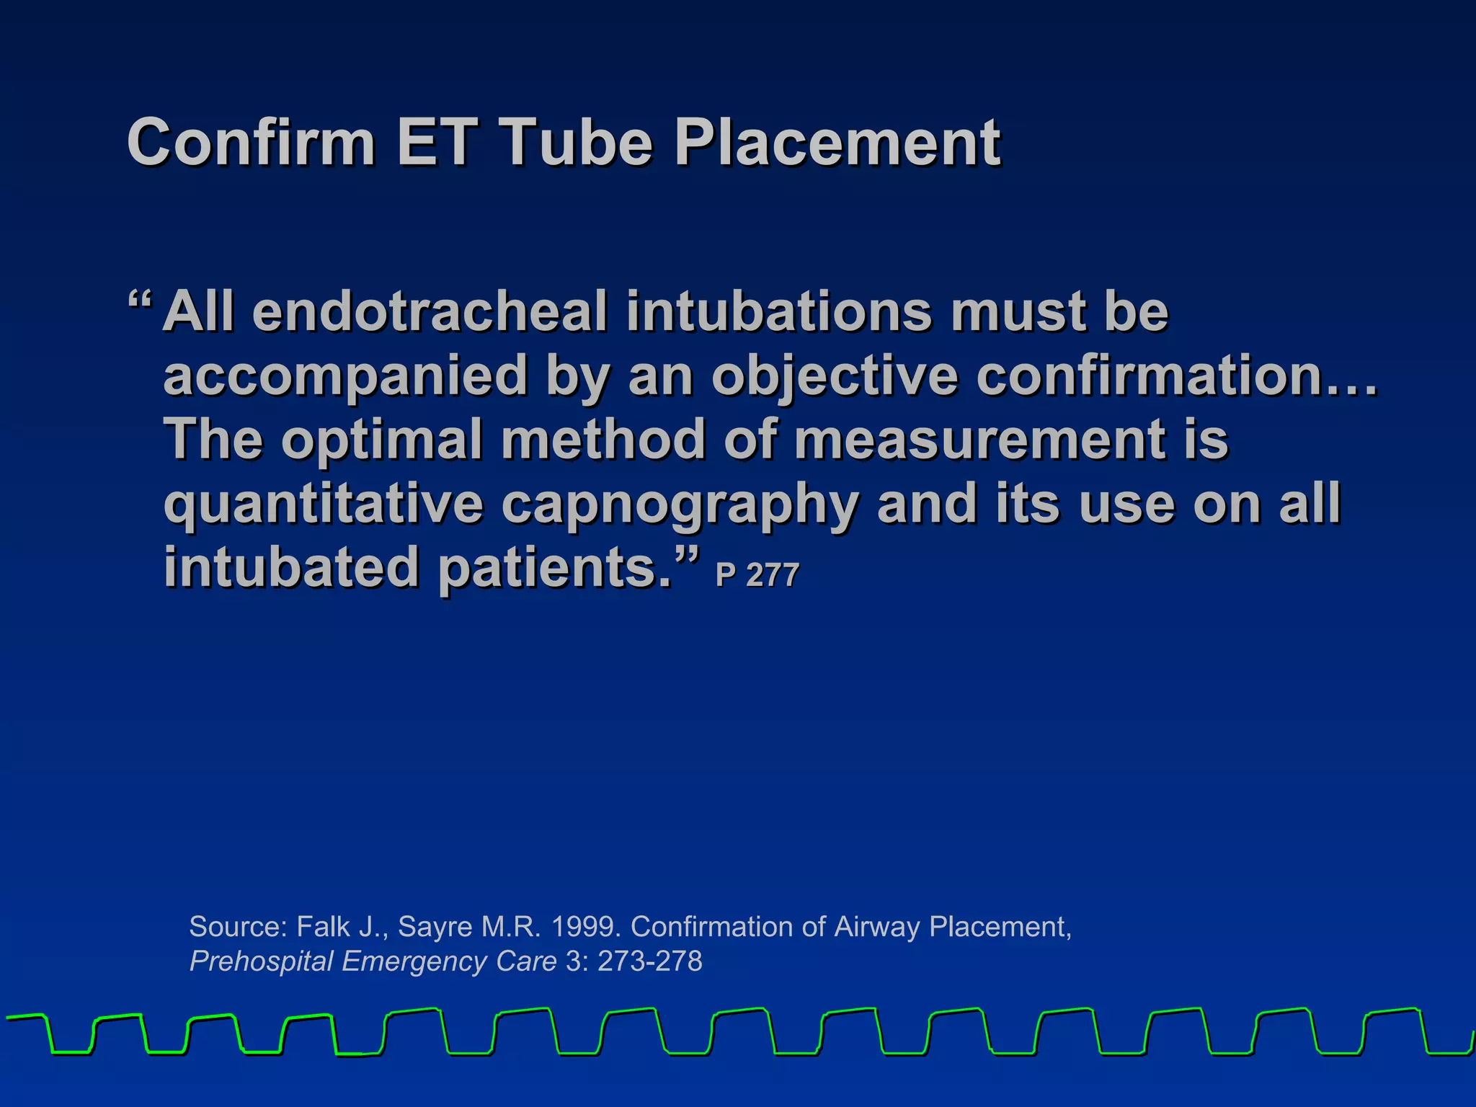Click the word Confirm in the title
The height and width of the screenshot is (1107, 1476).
[x=251, y=142]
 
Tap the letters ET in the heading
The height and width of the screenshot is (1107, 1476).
[x=436, y=142]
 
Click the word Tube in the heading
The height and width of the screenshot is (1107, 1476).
[x=576, y=142]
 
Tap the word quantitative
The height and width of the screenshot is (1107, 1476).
[x=323, y=504]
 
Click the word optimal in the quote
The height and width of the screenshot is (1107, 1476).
[x=382, y=440]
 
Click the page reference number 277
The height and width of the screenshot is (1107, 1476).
[x=773, y=576]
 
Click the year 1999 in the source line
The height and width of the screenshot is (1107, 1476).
[x=584, y=927]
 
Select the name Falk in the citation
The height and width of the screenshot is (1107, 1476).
[x=323, y=927]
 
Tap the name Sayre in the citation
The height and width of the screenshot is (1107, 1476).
[x=433, y=927]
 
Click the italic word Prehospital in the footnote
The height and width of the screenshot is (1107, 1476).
[x=261, y=961]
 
